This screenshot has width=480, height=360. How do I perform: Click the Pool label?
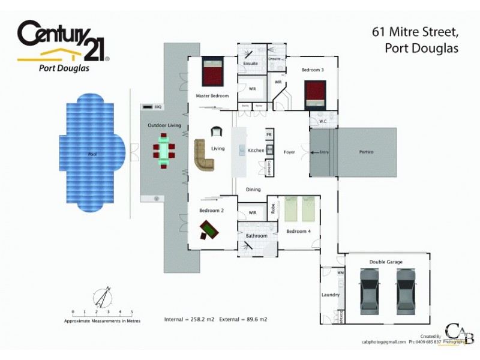pos(92,154)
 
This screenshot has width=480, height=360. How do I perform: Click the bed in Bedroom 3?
pos(314,92)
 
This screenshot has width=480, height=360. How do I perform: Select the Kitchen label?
pos(256,150)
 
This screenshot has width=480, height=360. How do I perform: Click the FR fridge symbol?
pos(269,136)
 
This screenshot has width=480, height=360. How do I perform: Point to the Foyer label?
pos(289,152)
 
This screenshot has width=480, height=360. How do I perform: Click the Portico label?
pos(366,152)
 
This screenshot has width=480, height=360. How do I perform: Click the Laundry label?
pos(331,295)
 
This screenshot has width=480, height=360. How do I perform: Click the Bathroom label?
pos(256,236)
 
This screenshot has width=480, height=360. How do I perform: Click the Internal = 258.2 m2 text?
pos(188,320)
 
